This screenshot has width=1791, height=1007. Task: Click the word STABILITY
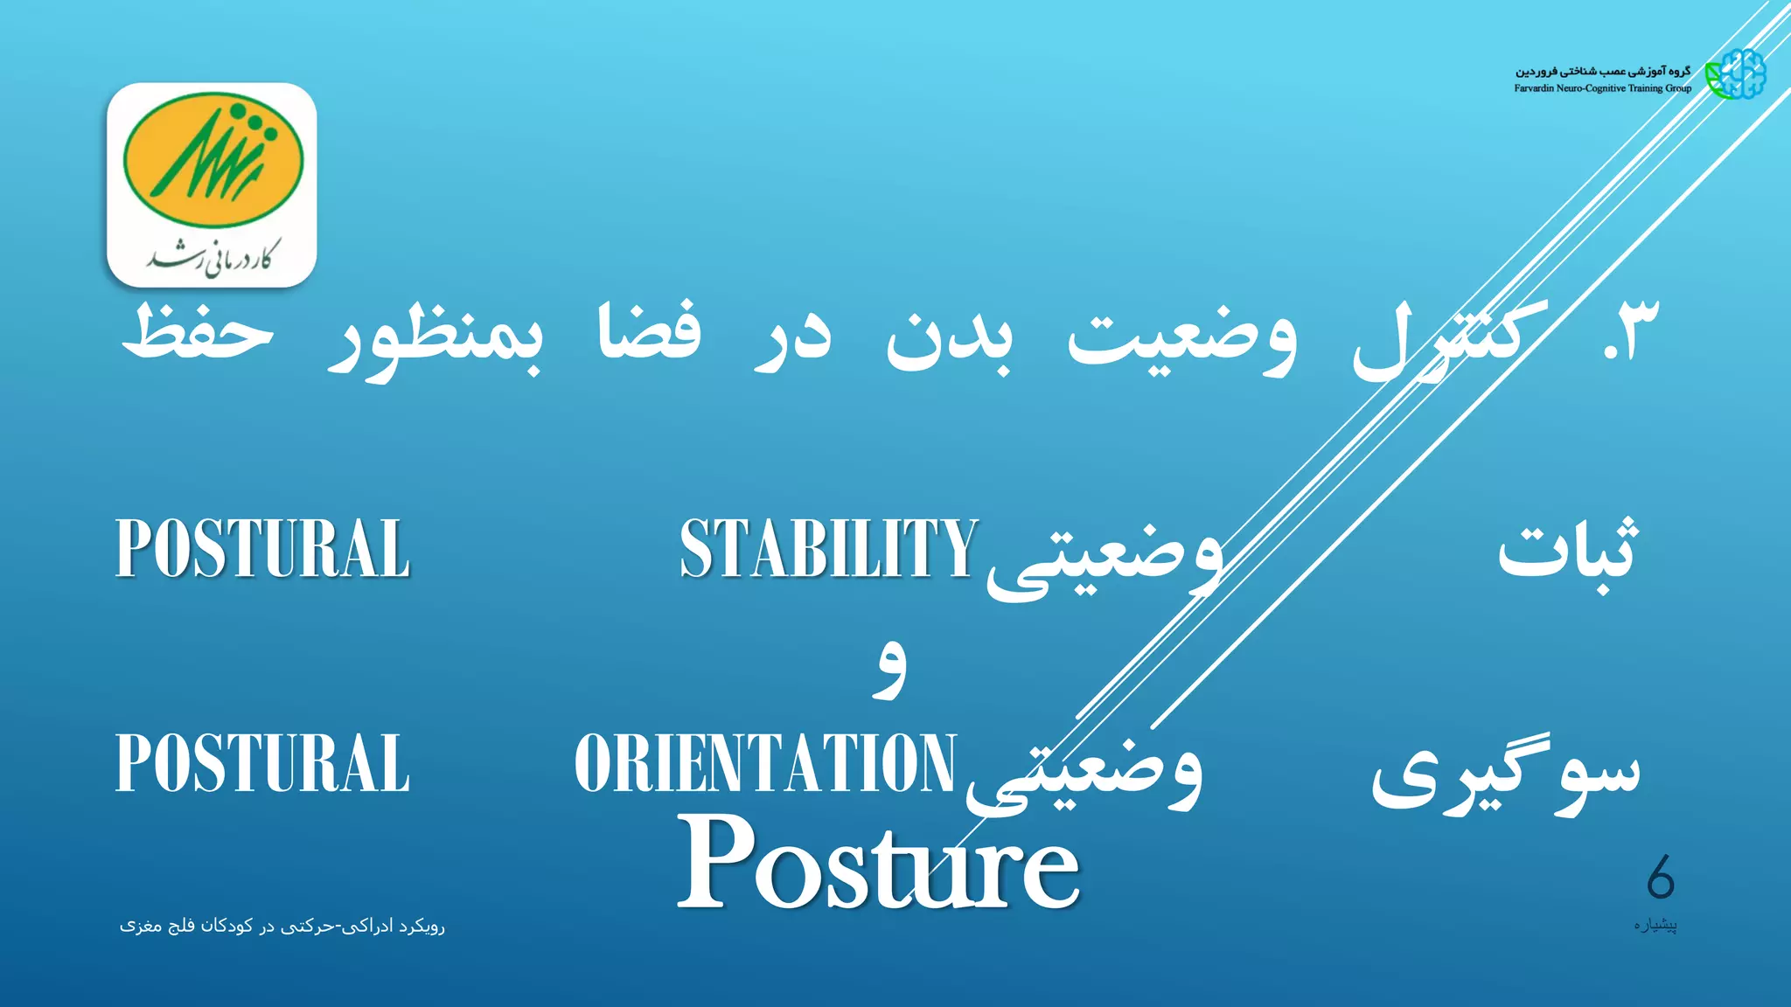(828, 549)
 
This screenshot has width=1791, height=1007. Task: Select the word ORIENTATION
(765, 763)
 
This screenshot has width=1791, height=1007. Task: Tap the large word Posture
(878, 864)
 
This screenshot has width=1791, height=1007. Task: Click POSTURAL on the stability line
(262, 549)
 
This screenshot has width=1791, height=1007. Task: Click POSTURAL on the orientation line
(262, 763)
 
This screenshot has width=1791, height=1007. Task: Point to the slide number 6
(1660, 878)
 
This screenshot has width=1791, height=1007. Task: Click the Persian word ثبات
(1565, 551)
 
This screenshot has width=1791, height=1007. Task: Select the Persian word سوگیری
(1504, 774)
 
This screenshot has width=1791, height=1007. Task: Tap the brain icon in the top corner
(1737, 74)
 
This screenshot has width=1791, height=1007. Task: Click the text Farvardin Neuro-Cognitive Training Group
(1602, 88)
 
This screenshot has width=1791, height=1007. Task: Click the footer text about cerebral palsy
(282, 926)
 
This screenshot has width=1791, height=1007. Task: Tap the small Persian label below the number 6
(1655, 925)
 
